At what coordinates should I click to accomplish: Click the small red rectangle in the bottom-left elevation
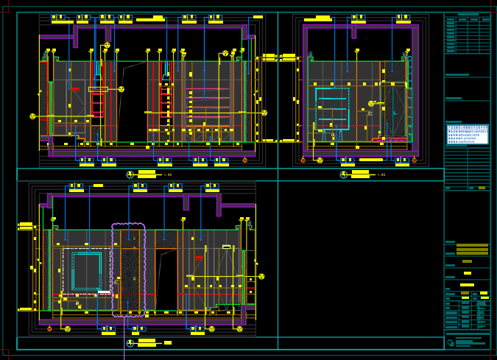tap(199, 258)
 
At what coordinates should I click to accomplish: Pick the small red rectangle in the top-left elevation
tap(75, 90)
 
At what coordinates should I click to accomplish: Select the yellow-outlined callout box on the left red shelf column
tap(98, 89)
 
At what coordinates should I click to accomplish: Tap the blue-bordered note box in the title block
tap(468, 134)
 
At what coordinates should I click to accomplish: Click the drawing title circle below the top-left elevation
tap(130, 174)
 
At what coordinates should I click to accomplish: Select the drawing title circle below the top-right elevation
tap(343, 174)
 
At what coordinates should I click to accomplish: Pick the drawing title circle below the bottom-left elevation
tap(130, 342)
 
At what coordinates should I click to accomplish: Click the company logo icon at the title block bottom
tap(451, 342)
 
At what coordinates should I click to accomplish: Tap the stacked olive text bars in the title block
tap(472, 250)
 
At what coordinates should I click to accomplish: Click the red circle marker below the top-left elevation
tap(245, 160)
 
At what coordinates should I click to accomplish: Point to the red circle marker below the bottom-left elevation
tap(49, 328)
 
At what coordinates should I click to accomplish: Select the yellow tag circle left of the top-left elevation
tap(32, 116)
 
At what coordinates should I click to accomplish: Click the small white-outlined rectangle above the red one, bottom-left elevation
tap(226, 247)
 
